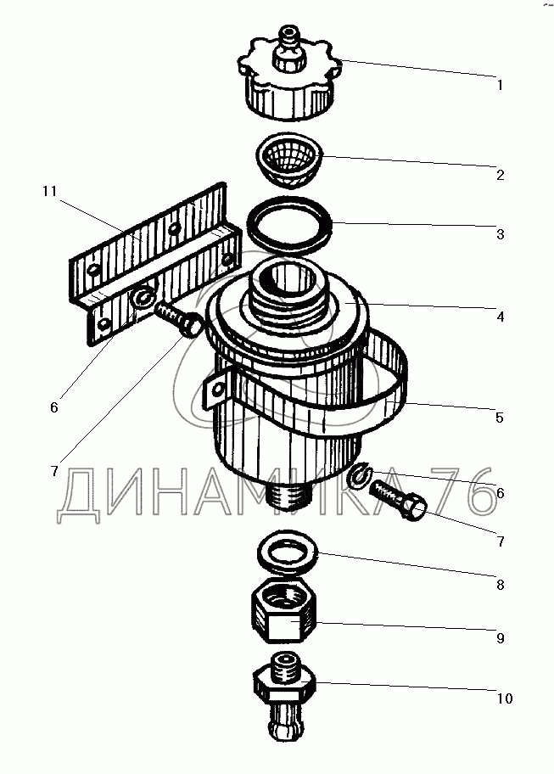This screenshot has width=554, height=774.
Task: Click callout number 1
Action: [x=500, y=86]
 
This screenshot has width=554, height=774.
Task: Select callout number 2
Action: [x=501, y=175]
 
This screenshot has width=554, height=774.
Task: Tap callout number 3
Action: [x=501, y=234]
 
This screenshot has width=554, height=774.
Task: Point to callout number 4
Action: [x=501, y=317]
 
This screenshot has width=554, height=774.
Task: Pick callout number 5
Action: [x=500, y=418]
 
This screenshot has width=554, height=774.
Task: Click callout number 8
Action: [x=501, y=585]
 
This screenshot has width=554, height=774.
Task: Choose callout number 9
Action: [x=501, y=638]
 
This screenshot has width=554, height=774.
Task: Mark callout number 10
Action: [x=505, y=698]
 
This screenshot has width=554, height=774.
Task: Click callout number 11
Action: [x=50, y=191]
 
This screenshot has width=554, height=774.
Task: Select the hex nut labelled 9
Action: [x=284, y=611]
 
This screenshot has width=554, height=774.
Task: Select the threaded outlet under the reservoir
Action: [x=288, y=495]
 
